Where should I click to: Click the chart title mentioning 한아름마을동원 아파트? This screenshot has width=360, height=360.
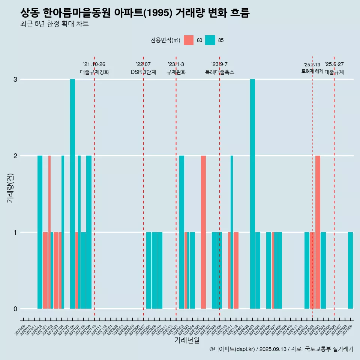pyautogui.click(x=135, y=13)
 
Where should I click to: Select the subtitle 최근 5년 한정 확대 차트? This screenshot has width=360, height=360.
pyautogui.click(x=54, y=24)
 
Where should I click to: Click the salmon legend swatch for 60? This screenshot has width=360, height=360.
pyautogui.click(x=189, y=40)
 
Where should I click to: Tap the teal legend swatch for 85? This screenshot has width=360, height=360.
pyautogui.click(x=210, y=40)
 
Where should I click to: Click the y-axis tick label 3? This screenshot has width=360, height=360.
pyautogui.click(x=15, y=79)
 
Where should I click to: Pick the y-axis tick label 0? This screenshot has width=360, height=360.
pyautogui.click(x=15, y=309)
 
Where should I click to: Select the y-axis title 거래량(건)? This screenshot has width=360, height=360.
pyautogui.click(x=10, y=187)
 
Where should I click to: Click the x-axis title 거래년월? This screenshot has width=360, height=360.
pyautogui.click(x=187, y=340)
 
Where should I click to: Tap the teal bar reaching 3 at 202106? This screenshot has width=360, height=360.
pyautogui.click(x=72, y=193)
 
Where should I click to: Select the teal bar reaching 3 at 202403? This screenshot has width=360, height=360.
pyautogui.click(x=252, y=193)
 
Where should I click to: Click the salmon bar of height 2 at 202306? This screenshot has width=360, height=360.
pyautogui.click(x=203, y=232)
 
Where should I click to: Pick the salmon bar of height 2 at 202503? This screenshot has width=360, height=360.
pyautogui.click(x=318, y=232)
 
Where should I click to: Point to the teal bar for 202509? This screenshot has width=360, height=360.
pyautogui.click(x=350, y=270)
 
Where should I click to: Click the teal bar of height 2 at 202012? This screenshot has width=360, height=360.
pyautogui.click(x=40, y=232)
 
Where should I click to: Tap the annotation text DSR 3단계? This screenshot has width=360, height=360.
pyautogui.click(x=143, y=72)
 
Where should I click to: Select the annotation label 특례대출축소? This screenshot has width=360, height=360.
pyautogui.click(x=220, y=72)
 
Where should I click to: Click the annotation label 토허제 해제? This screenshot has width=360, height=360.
pyautogui.click(x=312, y=71)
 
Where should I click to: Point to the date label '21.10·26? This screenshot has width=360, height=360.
pyautogui.click(x=94, y=64)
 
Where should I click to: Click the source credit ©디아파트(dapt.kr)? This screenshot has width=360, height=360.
pyautogui.click(x=232, y=349)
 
